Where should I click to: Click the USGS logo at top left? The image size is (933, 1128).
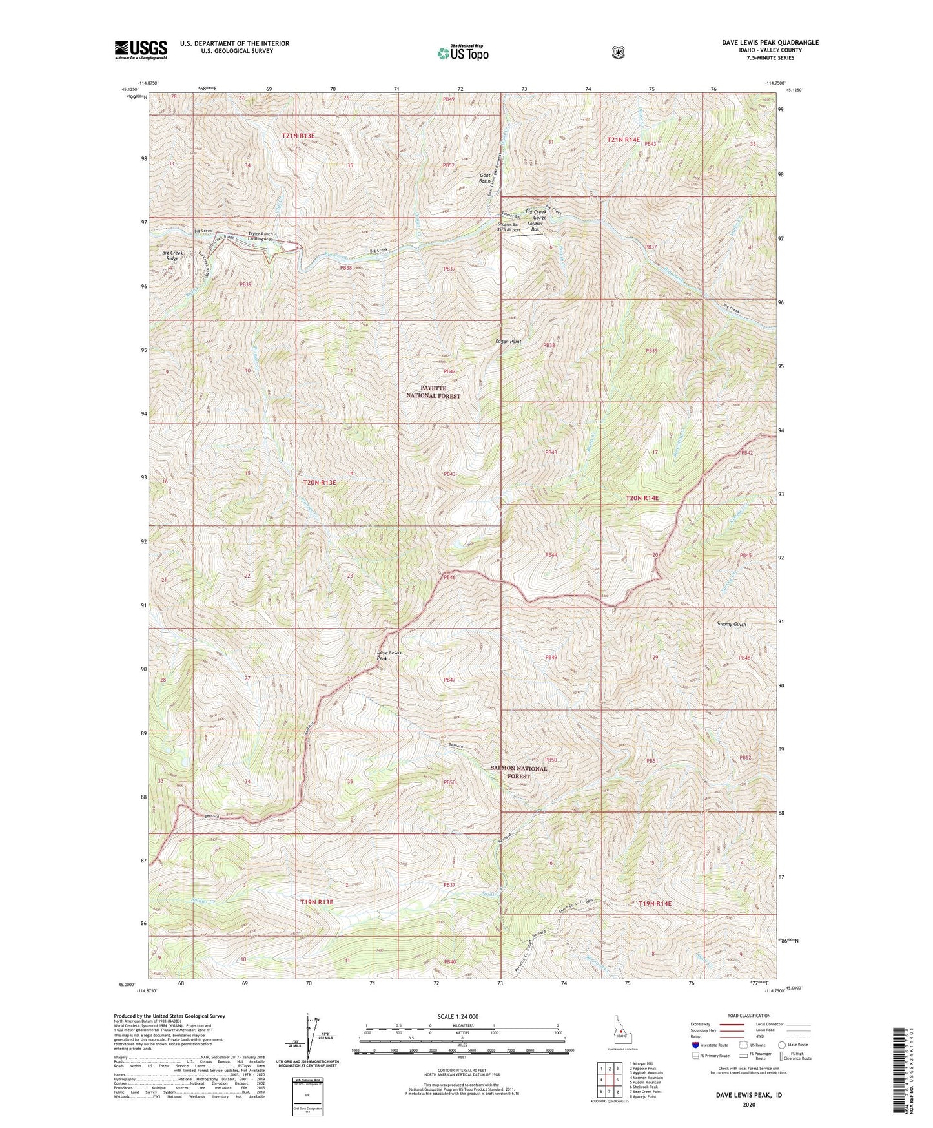[x=141, y=50]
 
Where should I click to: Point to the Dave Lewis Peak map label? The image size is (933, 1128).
[x=389, y=655]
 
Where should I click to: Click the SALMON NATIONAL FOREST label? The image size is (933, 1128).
[x=518, y=772]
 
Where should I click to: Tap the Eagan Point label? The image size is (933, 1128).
[x=508, y=341]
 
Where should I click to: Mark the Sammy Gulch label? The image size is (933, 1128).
[x=731, y=624]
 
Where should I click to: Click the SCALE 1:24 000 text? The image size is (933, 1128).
[x=461, y=1016]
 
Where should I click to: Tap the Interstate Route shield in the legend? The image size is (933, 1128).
[x=694, y=1045]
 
